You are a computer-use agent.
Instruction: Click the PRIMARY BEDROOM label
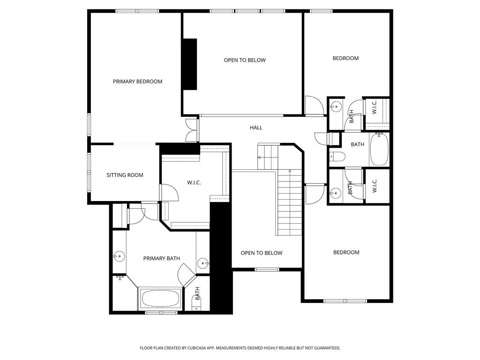pos(137,82)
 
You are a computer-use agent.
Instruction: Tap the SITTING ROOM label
pos(125,175)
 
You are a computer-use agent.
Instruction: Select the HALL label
pos(256,127)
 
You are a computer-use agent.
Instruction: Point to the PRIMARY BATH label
pos(161,258)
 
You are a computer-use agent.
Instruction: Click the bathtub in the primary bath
pos(160,299)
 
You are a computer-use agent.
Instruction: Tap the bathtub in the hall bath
pos(379,150)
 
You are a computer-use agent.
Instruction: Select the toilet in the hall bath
pos(337,156)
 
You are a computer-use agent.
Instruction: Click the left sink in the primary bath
pos(120,256)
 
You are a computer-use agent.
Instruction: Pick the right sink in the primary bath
pos(202,262)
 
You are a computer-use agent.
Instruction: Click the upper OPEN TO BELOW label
pos(244,60)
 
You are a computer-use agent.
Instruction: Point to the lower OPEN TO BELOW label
pos(262,253)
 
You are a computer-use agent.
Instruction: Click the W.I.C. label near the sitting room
pos(194,183)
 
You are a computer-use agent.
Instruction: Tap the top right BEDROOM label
pos(345,58)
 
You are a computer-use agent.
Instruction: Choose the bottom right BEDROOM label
pos(346,252)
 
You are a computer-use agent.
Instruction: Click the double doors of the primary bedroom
pos(191,130)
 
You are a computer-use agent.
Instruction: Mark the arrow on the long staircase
pos(290,172)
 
